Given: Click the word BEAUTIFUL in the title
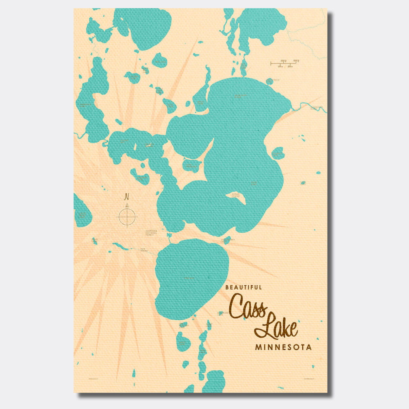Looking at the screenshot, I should pos(243,288).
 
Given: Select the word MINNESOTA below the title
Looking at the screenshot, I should pos(283,347).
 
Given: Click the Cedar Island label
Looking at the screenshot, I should pos(236,195).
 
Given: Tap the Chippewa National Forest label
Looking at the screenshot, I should pos(151,233).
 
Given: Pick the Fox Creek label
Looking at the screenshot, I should pos(144,250).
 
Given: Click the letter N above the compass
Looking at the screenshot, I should pos(127,197).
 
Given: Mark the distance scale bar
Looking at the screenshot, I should pos(285,63).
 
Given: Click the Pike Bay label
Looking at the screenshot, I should pos(189,278).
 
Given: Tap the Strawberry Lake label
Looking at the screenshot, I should pos(228,240).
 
